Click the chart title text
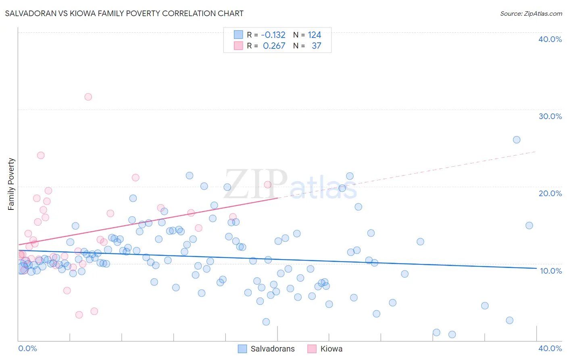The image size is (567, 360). pyautogui.click(x=124, y=13)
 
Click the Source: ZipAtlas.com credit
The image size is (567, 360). pyautogui.click(x=531, y=13)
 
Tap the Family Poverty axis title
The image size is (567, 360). pyautogui.click(x=11, y=184)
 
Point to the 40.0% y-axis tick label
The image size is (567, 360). pyautogui.click(x=550, y=39)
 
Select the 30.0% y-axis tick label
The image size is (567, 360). pyautogui.click(x=550, y=116)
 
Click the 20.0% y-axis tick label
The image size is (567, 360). pyautogui.click(x=550, y=193)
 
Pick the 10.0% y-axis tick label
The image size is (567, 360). pyautogui.click(x=550, y=271)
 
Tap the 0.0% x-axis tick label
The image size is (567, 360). pyautogui.click(x=27, y=348)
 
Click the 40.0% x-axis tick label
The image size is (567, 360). pyautogui.click(x=550, y=348)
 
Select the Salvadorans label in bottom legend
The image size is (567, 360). pyautogui.click(x=273, y=349)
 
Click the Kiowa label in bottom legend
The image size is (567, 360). pyautogui.click(x=331, y=349)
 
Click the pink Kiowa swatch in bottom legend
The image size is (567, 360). pyautogui.click(x=312, y=349)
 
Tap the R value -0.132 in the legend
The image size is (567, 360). pyautogui.click(x=273, y=35)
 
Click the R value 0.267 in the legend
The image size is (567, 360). pyautogui.click(x=274, y=46)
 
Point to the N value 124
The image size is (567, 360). pyautogui.click(x=315, y=35)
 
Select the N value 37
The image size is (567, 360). pyautogui.click(x=317, y=46)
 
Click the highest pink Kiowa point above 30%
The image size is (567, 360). pyautogui.click(x=88, y=97)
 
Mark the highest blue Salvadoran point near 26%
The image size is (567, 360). pyautogui.click(x=517, y=140)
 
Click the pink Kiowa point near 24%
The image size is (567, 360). pyautogui.click(x=41, y=155)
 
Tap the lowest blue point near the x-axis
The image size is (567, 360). pyautogui.click(x=452, y=335)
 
